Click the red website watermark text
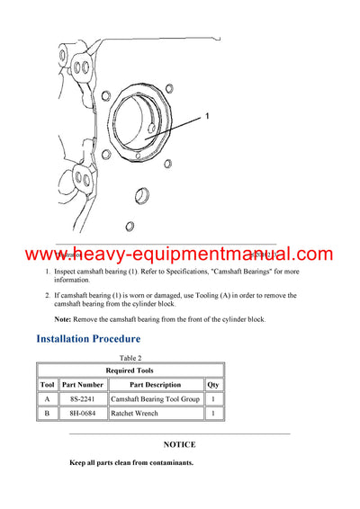179,254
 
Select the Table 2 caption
130,358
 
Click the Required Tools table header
130,371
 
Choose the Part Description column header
156,384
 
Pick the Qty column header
213,384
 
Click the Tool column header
48,384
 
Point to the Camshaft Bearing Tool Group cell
156,398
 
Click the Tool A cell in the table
48,398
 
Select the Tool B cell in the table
48,414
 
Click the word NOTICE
179,444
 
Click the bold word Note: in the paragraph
62,319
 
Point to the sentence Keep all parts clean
131,463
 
